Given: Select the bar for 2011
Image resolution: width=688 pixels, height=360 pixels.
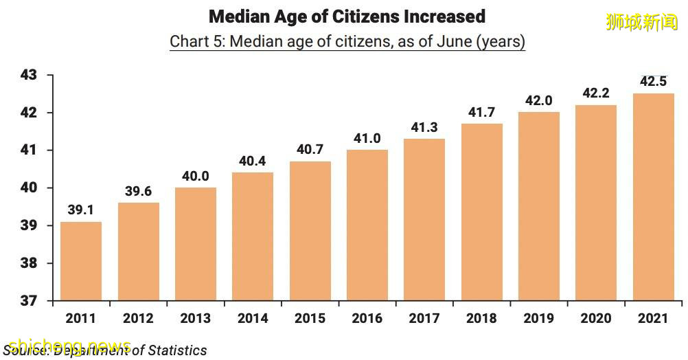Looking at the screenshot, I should pos(81,261).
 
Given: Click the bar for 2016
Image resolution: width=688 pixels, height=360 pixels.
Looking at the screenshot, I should pos(367,225).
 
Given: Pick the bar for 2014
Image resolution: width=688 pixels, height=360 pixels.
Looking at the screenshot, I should pos(253,236).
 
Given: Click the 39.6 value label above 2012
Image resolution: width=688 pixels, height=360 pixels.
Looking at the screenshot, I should pos(138,192).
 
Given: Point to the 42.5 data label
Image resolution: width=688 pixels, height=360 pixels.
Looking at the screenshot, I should pos(653,82).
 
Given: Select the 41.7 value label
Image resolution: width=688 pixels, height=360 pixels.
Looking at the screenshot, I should pos(481,113).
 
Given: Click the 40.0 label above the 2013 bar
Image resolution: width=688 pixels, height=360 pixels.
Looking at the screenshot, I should pos(195,176).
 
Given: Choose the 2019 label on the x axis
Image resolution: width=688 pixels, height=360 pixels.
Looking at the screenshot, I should pos(538,319).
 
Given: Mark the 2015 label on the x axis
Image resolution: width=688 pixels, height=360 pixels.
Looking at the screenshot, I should pos(310,319).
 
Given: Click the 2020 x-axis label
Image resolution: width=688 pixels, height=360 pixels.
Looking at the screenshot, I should pos(596,319).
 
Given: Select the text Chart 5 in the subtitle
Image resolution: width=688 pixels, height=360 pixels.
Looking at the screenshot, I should pos(195,41).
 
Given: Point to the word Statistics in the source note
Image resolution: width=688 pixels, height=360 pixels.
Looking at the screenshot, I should pos(176,350).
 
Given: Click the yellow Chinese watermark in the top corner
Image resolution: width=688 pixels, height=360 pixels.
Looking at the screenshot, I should pos(642,22).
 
